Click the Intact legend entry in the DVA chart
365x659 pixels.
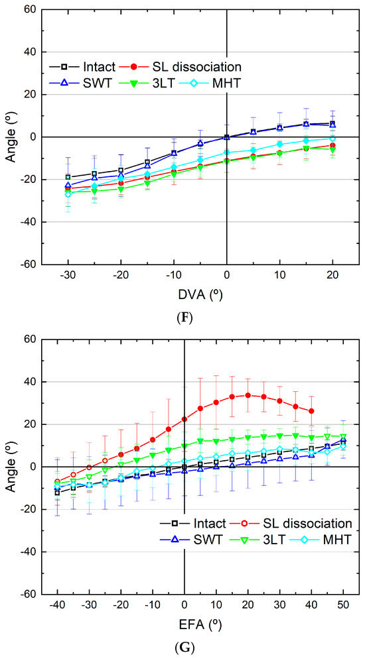(x=100, y=67)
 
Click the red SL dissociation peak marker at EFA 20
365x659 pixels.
(x=248, y=395)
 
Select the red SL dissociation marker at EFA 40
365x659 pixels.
(x=311, y=411)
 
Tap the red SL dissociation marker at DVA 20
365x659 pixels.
(x=332, y=145)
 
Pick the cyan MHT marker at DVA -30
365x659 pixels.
(x=68, y=194)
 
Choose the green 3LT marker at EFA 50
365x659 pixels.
(x=343, y=436)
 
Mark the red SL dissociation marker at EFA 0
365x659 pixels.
(x=184, y=419)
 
